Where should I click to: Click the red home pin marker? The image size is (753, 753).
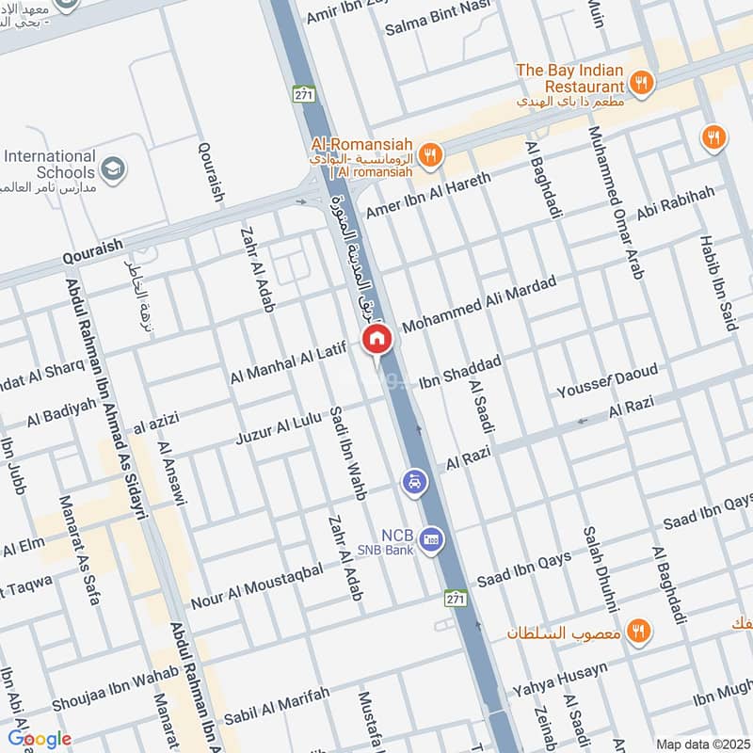pyautogui.click(x=376, y=339)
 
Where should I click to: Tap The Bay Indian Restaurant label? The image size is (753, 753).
pyautogui.click(x=570, y=79)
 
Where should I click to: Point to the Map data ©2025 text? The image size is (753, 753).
pyautogui.click(x=701, y=744)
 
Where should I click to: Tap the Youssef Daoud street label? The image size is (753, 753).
pyautogui.click(x=607, y=380)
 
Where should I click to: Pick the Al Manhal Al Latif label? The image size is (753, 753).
pyautogui.click(x=289, y=363)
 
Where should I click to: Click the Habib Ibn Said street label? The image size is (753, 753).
pyautogui.click(x=717, y=282)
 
